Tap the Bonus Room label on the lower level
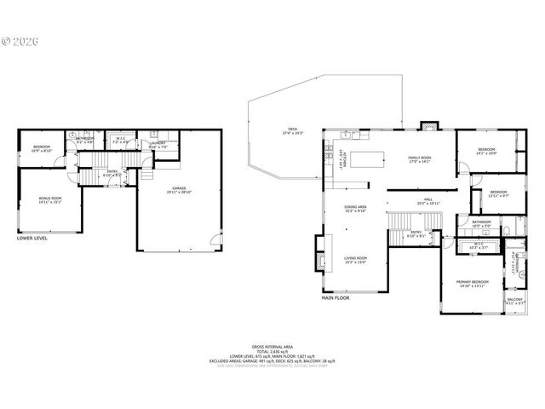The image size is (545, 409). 50,200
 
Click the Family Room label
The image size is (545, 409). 420,159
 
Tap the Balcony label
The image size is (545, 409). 515,301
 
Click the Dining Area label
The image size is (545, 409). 355,209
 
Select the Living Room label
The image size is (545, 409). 355,259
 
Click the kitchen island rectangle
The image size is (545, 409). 368,158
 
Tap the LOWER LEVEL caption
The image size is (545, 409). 32,239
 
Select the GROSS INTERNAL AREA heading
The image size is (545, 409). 272,346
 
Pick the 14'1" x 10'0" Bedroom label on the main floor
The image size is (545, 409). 486,152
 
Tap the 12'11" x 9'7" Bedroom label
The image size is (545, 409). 498,193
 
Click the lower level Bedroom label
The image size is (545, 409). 43,148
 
